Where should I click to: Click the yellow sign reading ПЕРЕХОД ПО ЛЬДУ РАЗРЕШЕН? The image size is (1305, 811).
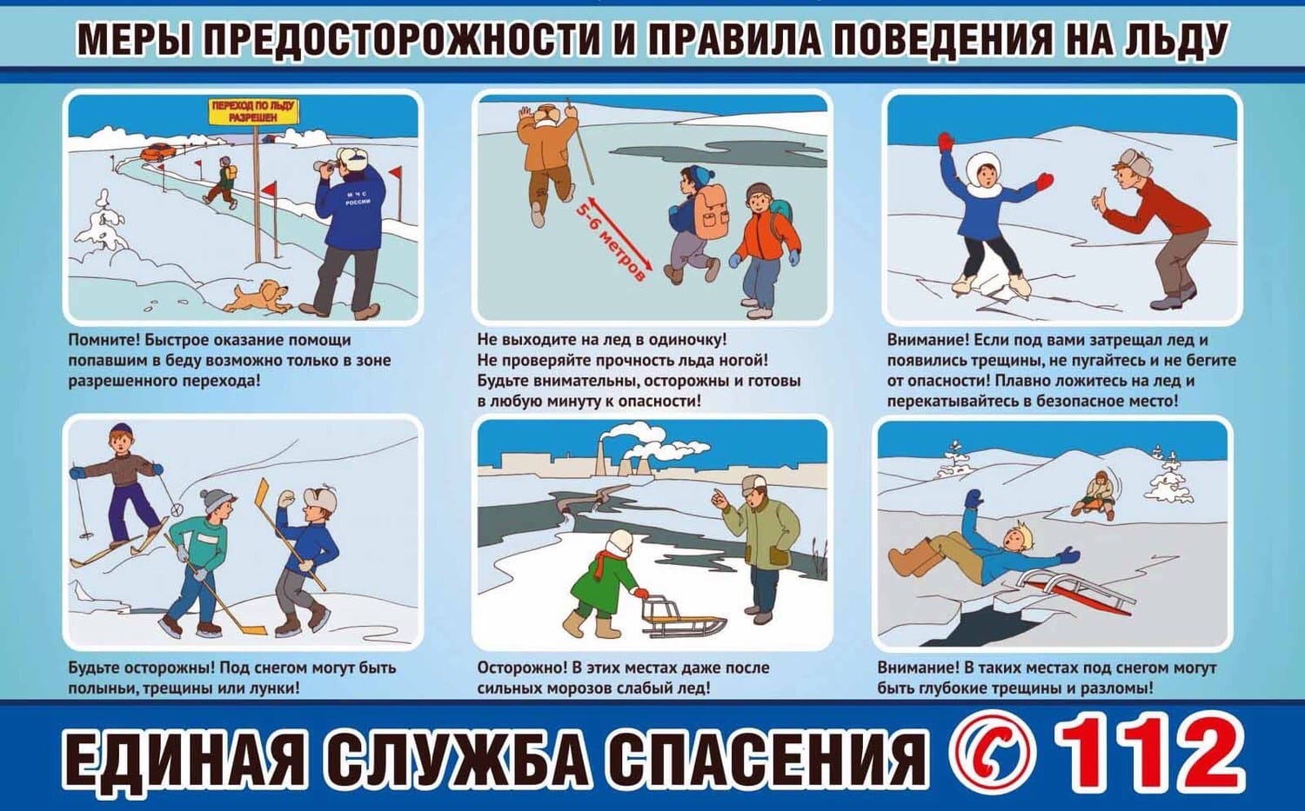click(253, 111)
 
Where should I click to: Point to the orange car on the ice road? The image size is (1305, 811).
click(157, 151)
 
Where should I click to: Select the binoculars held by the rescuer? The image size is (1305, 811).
click(325, 167)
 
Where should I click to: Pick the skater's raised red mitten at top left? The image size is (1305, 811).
click(946, 143)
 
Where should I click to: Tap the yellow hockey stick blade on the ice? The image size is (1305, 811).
click(251, 628)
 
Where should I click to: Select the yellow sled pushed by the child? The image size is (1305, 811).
click(682, 620)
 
